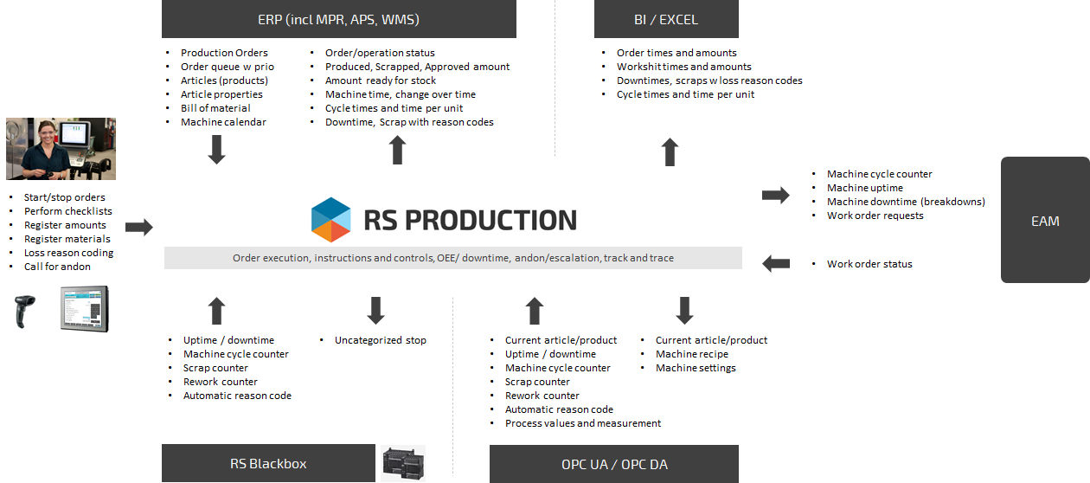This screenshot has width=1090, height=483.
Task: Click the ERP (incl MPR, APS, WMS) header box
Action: tap(338, 19)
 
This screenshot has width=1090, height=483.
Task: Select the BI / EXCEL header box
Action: tap(666, 19)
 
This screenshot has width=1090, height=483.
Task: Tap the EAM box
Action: tap(1045, 221)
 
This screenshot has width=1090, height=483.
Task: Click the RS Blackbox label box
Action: tap(268, 463)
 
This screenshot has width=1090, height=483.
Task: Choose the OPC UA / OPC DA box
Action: tap(613, 464)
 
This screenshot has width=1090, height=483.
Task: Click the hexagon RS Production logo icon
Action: tap(330, 220)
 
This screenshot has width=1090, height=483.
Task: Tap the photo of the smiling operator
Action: tap(61, 148)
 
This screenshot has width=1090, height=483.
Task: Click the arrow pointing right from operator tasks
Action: tap(139, 228)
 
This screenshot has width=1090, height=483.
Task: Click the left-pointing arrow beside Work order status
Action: tap(776, 263)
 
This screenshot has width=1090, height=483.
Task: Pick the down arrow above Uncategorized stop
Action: tap(375, 311)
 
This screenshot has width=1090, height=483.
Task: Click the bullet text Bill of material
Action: tap(215, 108)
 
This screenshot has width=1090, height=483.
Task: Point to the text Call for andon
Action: tap(57, 267)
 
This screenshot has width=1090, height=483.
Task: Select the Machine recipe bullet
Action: tap(691, 354)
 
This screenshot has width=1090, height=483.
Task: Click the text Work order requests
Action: tap(875, 216)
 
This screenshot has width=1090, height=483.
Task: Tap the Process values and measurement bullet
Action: tap(583, 423)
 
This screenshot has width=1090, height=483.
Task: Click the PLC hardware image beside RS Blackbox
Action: tap(403, 463)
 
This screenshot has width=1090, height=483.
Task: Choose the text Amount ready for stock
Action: tap(381, 80)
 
